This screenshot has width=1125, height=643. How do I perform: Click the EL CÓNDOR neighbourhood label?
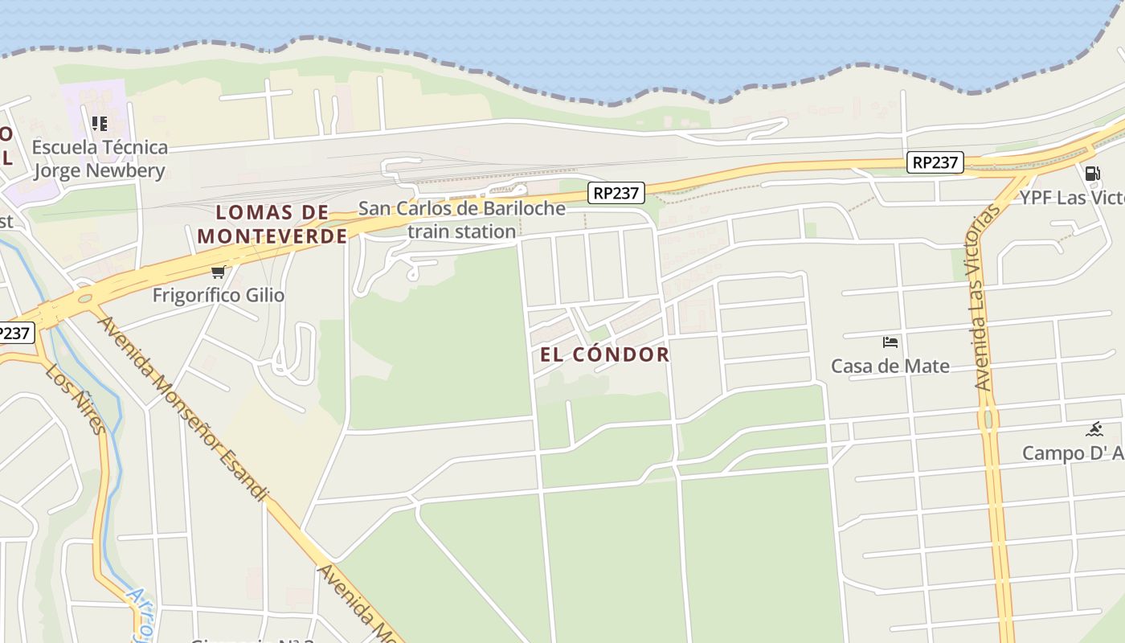[x=604, y=354]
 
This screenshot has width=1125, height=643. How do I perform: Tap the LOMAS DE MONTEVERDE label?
[x=272, y=224]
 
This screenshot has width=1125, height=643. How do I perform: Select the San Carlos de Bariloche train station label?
[x=461, y=220]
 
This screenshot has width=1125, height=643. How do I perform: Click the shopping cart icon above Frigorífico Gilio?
[x=218, y=272]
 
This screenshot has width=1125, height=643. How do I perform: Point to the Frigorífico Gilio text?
[x=219, y=295]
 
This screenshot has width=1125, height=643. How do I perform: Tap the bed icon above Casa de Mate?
[x=890, y=342]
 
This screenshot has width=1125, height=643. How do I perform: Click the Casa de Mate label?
[x=890, y=367]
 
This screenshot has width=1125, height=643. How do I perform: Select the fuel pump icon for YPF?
[x=1092, y=173]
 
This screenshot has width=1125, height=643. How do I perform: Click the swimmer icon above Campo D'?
[x=1094, y=429]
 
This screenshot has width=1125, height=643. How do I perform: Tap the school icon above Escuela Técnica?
[x=100, y=124]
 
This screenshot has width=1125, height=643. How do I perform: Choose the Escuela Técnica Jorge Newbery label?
[x=100, y=159]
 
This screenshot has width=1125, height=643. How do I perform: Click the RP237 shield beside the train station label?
[x=616, y=193]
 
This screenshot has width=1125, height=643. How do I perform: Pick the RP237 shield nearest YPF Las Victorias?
[x=935, y=162]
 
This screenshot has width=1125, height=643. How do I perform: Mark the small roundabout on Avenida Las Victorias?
[x=988, y=419]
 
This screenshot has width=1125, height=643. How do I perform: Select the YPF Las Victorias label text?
[x=1072, y=198]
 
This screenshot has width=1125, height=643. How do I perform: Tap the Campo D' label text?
[x=1073, y=453]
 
